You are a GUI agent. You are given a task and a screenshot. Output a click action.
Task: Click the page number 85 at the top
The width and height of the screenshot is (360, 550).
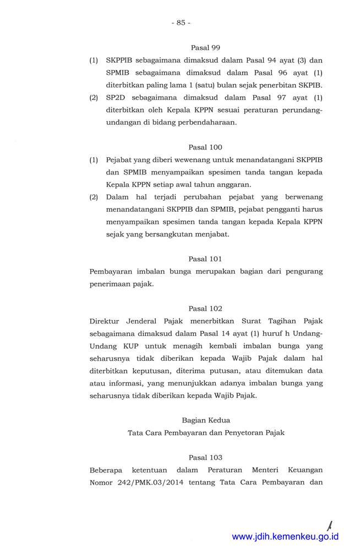(x=181, y=23)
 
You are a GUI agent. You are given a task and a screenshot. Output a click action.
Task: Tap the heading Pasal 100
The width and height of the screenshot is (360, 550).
(x=205, y=147)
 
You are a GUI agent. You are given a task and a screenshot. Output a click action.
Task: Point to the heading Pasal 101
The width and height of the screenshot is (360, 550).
(x=205, y=258)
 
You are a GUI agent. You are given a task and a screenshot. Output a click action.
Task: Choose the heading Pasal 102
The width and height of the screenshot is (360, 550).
(x=205, y=309)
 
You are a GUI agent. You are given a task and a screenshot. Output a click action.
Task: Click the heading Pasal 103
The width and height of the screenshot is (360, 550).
(x=205, y=457)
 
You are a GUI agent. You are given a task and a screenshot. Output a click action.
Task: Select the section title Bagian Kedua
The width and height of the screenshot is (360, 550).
(x=206, y=420)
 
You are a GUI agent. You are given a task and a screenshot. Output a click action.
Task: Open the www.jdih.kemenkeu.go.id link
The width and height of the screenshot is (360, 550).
(x=285, y=537)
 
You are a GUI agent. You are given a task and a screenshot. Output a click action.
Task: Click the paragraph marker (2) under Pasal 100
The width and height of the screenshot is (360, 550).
(x=94, y=196)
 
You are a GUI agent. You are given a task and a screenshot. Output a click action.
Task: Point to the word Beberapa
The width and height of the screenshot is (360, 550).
(x=107, y=470)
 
